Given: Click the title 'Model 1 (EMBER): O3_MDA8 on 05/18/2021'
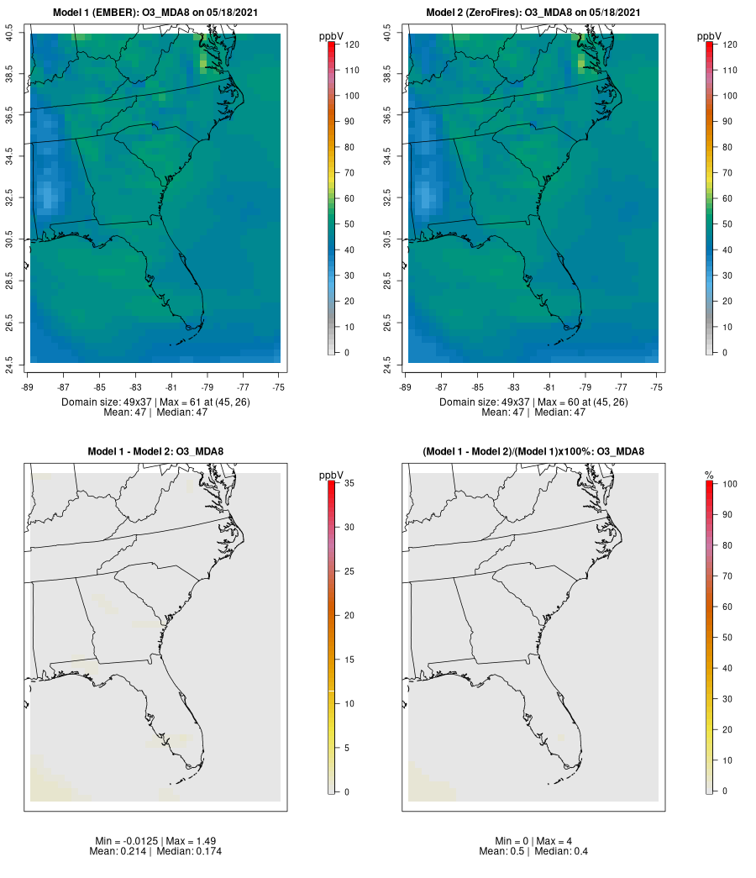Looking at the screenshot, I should point(155,13).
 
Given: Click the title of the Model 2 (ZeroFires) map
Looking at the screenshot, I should point(533,13).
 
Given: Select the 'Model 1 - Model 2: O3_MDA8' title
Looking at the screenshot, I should point(155,452).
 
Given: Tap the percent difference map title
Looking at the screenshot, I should point(533,452).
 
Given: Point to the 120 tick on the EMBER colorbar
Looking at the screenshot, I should point(353,45).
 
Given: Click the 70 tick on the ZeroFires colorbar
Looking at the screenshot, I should point(728,173).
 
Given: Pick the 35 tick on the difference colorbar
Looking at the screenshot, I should point(353,483).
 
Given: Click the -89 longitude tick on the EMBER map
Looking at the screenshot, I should point(30,387).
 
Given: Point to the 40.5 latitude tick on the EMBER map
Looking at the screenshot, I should point(10,34).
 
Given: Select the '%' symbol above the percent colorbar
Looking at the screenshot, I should point(709,476).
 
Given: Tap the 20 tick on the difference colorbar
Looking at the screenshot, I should point(353,615).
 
